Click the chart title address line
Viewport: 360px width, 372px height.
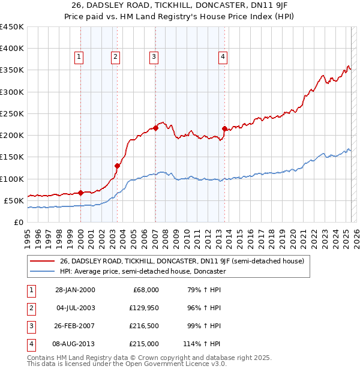coord(179,7)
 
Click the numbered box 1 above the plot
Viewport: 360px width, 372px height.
coord(79,57)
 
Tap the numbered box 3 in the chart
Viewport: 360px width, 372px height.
coord(154,57)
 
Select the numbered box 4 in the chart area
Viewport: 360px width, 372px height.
coord(223,57)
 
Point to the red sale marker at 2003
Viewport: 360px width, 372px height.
coord(118,166)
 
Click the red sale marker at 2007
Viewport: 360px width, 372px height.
coord(155,128)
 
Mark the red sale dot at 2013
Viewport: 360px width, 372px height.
coord(224,128)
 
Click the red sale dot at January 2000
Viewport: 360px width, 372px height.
coord(81,193)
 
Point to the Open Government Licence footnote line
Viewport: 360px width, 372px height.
coord(127,364)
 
